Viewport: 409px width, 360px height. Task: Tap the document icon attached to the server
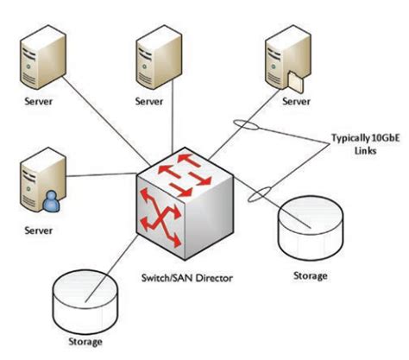(x=295, y=82)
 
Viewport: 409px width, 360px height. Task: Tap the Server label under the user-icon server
(x=37, y=231)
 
